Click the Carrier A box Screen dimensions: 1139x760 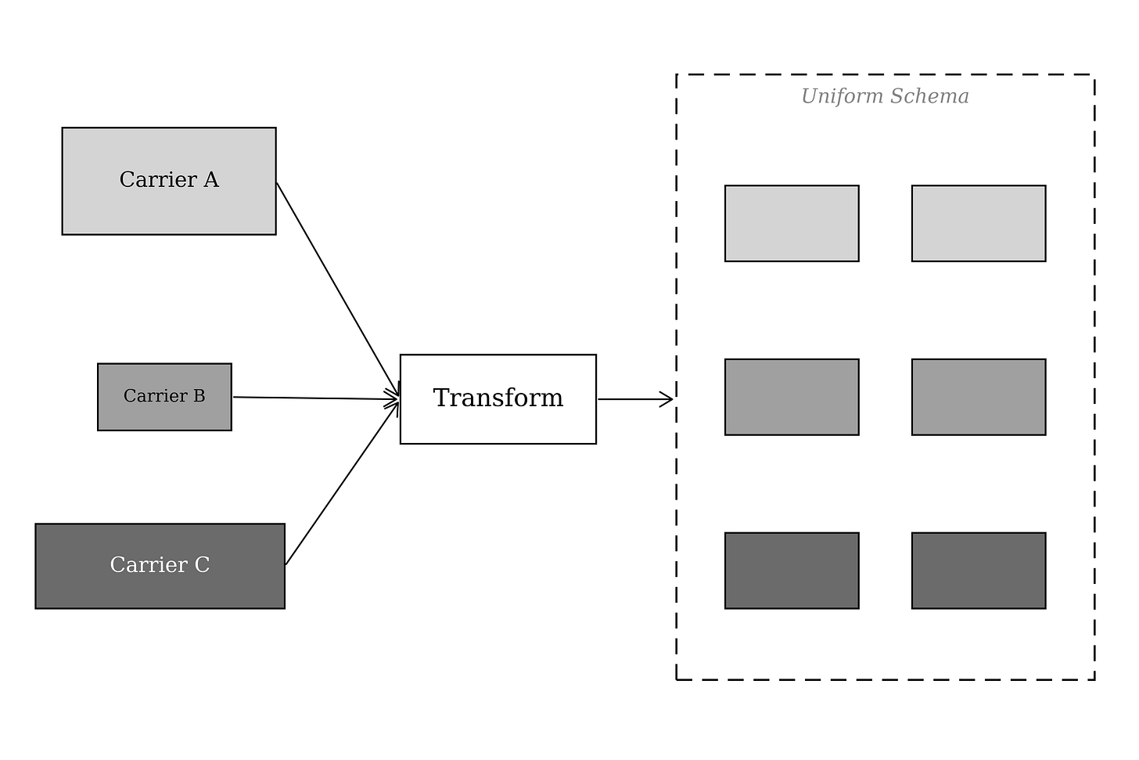[x=169, y=181]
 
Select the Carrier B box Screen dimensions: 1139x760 [x=164, y=397]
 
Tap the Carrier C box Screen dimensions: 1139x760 [x=160, y=566]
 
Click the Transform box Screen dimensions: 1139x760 [x=498, y=399]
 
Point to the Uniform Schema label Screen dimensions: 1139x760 [x=885, y=96]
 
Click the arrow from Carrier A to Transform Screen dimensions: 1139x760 [x=338, y=289]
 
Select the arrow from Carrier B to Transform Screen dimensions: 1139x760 [x=316, y=398]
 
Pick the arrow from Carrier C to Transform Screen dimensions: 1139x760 [x=342, y=482]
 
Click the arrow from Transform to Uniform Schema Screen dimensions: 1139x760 [x=635, y=399]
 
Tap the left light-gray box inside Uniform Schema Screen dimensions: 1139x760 [x=792, y=223]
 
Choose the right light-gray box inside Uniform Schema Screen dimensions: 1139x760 [x=979, y=223]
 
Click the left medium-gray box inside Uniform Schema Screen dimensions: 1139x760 [x=792, y=397]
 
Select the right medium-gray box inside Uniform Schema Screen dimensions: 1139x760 [x=979, y=397]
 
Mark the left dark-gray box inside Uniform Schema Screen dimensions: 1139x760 [x=792, y=571]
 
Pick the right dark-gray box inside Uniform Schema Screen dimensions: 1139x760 [x=979, y=571]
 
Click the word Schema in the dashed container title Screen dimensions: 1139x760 [x=930, y=96]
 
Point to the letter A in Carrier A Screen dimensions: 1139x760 [x=211, y=179]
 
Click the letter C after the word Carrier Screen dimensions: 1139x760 [x=202, y=564]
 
